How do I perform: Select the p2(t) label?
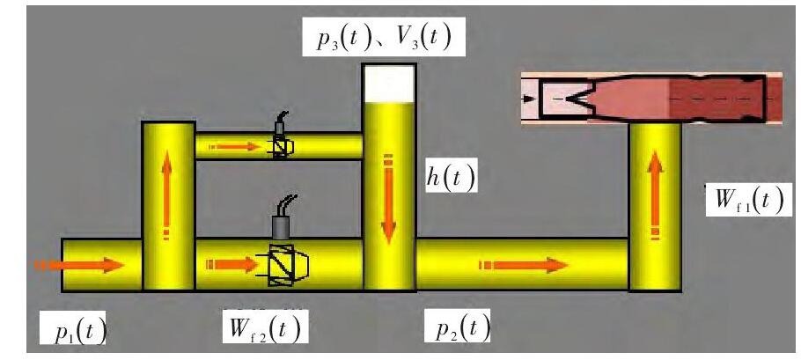pyautogui.click(x=463, y=329)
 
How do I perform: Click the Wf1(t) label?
pyautogui.click(x=748, y=201)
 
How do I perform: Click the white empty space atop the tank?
pyautogui.click(x=388, y=84)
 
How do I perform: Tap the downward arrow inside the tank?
pyautogui.click(x=387, y=201)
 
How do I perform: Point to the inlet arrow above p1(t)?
pyautogui.click(x=79, y=264)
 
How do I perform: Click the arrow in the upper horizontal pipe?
pyautogui.click(x=236, y=146)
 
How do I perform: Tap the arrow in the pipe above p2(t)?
pyautogui.click(x=519, y=264)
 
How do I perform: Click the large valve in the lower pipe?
pyautogui.click(x=284, y=264)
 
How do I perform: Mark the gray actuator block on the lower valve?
pyautogui.click(x=283, y=227)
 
